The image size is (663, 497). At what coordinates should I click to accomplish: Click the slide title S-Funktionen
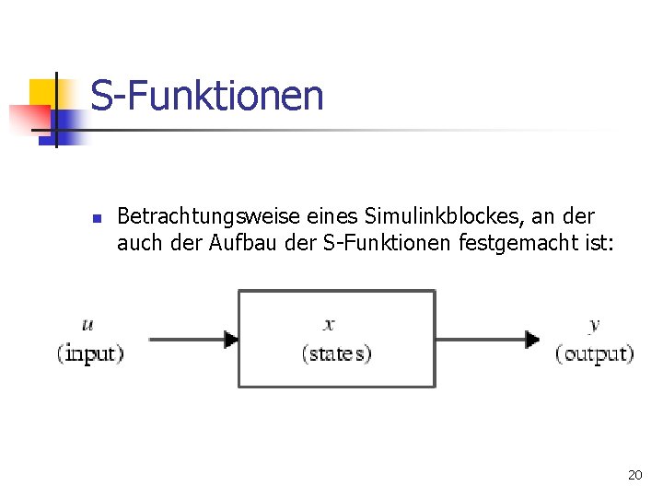pos(207,96)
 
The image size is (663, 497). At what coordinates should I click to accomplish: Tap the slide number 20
pos(634,475)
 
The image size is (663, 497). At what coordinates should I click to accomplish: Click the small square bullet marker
pos(96,219)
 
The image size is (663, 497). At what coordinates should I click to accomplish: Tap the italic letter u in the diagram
pos(87,324)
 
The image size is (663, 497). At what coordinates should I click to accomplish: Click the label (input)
pos(90,353)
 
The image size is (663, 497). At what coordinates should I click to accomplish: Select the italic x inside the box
pos(330,324)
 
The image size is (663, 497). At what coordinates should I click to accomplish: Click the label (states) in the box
pos(336,353)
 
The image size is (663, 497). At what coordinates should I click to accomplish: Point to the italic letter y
pos(594,324)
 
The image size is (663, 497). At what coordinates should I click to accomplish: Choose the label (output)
pos(595,353)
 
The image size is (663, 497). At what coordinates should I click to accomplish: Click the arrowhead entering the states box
pos(231,339)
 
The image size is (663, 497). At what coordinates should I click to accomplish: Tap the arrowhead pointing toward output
pos(532,339)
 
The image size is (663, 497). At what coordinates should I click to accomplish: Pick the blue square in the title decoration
pos(69,124)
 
